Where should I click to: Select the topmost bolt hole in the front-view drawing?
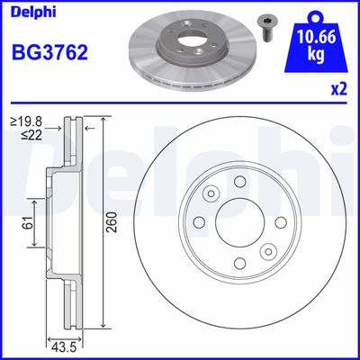coord(239,183)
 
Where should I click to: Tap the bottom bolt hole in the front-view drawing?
coord(239,263)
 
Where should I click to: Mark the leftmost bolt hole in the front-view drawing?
coord(200,222)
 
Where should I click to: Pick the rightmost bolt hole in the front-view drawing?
coord(279,222)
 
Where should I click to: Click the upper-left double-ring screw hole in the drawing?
coord(211,194)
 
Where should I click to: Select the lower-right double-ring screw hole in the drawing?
coord(267,251)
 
